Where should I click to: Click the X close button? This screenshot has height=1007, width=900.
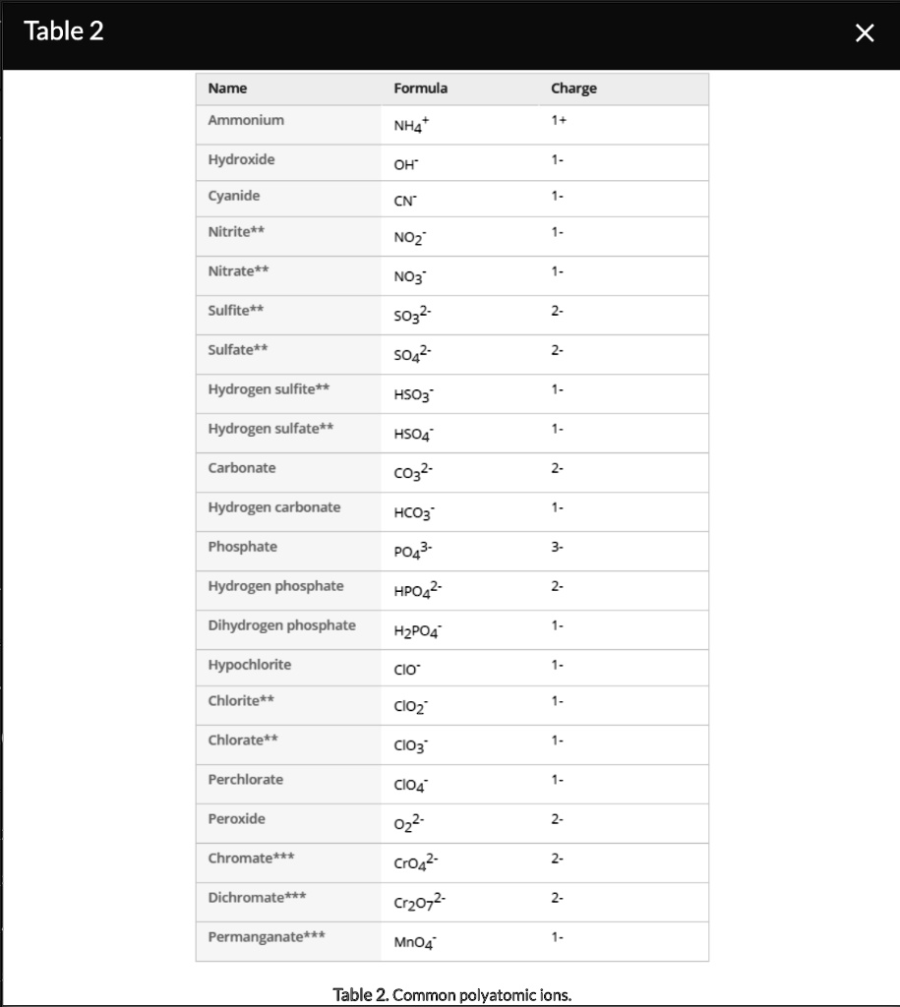865,33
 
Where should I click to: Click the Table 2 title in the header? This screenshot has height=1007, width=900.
63,31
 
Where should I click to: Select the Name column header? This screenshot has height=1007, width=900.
227,89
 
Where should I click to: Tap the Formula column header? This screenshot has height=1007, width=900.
420,89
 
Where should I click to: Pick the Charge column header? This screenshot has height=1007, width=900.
573,89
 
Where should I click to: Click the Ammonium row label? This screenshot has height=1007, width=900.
246,120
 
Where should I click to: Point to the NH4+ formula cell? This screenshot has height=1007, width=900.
411,126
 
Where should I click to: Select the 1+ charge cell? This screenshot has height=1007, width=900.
559,120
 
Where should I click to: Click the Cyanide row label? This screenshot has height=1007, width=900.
234,196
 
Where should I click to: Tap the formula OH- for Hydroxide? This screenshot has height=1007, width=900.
405,164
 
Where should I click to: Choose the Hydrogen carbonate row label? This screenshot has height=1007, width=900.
274,507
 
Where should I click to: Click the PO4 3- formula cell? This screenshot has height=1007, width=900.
412,550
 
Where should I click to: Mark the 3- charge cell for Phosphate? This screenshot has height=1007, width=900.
558,547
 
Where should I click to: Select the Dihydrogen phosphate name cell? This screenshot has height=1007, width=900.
281,625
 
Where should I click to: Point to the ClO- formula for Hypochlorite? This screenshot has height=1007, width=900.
406,669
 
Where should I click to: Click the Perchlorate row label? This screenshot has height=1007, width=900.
245,780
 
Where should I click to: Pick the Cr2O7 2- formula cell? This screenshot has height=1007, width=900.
420,901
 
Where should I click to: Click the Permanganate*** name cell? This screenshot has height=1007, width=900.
266,937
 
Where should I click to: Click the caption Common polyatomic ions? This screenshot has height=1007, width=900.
452,994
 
